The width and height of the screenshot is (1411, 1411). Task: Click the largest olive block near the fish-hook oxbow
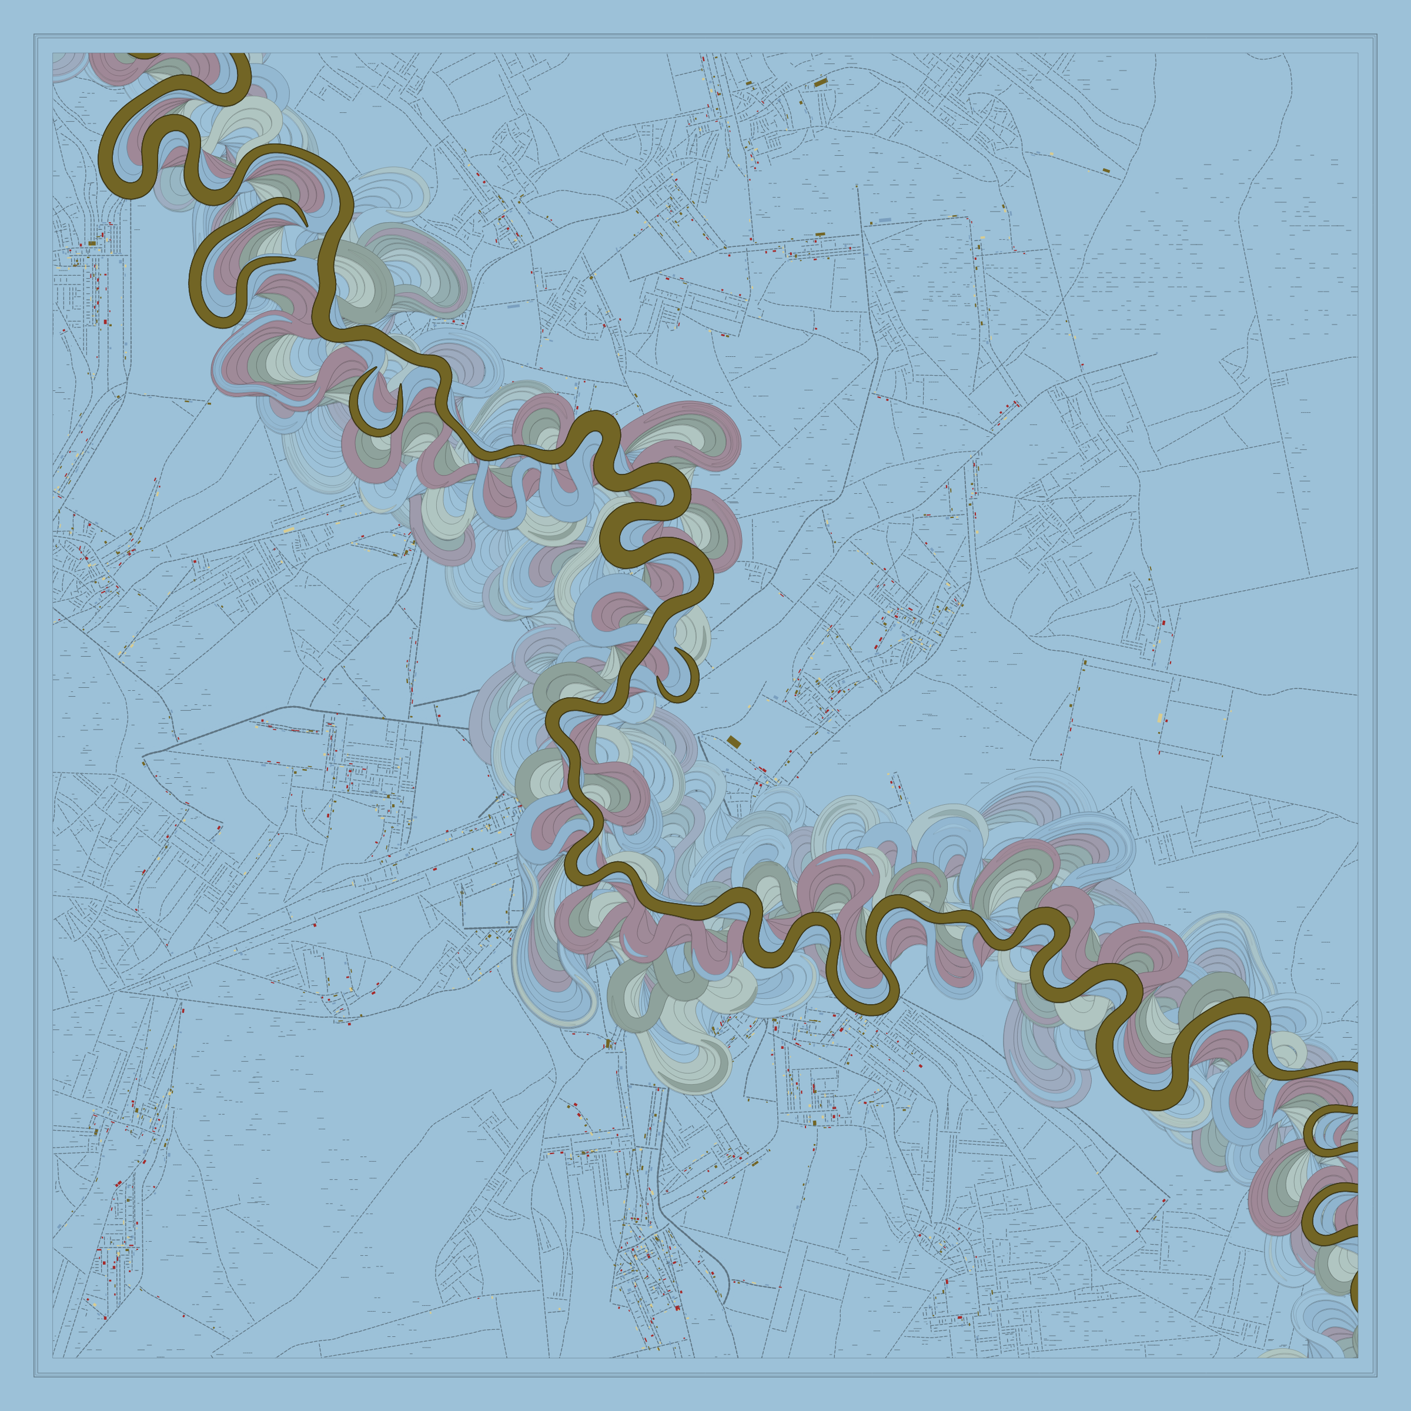click(x=734, y=742)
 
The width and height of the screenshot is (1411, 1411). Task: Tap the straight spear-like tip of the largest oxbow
click(x=292, y=259)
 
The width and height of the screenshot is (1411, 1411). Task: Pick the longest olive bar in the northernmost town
click(x=820, y=82)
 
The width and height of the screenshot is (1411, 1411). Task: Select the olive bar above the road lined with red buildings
click(x=820, y=235)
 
